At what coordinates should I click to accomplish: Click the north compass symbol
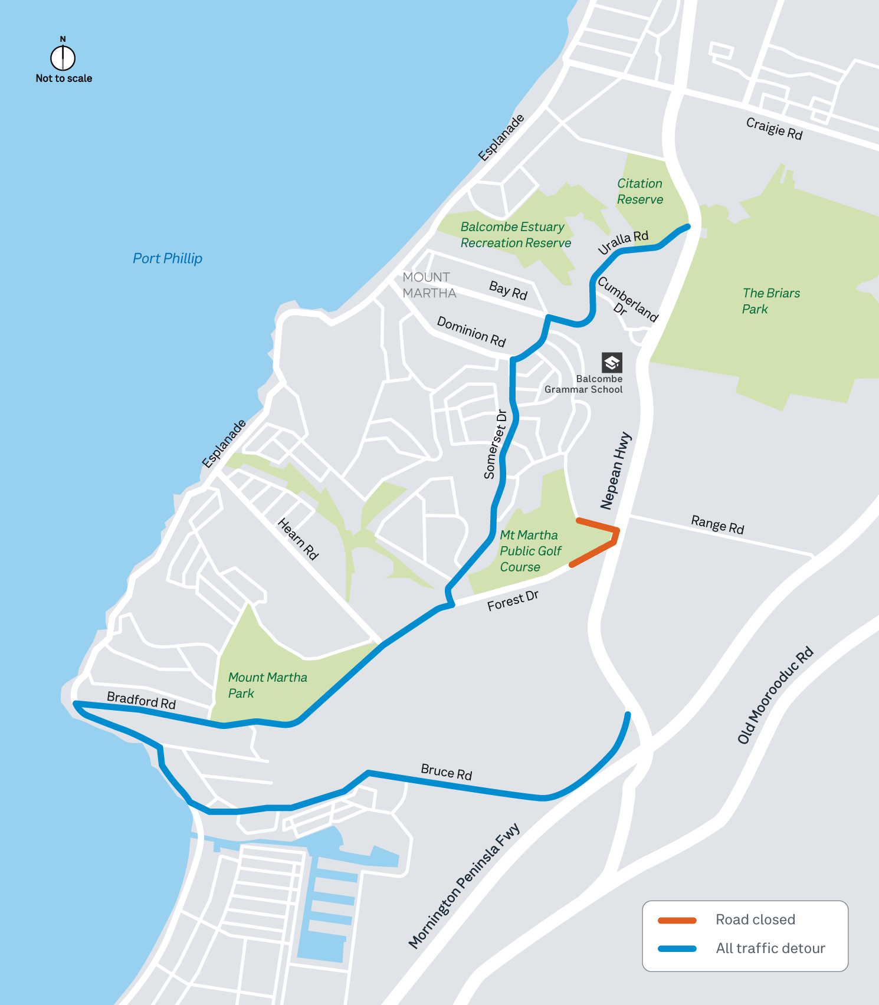coord(63,57)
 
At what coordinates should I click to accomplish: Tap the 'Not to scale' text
coord(64,78)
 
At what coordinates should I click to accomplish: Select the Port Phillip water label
coord(168,258)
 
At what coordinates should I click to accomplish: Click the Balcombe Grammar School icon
coord(612,362)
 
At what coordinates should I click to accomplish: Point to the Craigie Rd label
coord(774,128)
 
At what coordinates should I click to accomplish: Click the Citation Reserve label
coord(640,192)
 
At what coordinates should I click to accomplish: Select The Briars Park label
coord(770,301)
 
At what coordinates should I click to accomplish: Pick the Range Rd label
coord(717,524)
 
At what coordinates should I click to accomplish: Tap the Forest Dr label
coord(513,601)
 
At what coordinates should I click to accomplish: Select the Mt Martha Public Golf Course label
coord(530,551)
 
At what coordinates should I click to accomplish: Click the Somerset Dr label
coord(495,444)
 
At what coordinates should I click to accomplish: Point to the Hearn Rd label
coord(298,538)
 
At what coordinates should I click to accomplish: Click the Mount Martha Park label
coord(267,685)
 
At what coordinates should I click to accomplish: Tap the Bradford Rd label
coord(142,700)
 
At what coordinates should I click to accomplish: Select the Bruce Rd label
coord(447,771)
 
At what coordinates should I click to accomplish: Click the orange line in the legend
coord(677,920)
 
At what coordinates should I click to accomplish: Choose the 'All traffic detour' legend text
coord(770,948)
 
